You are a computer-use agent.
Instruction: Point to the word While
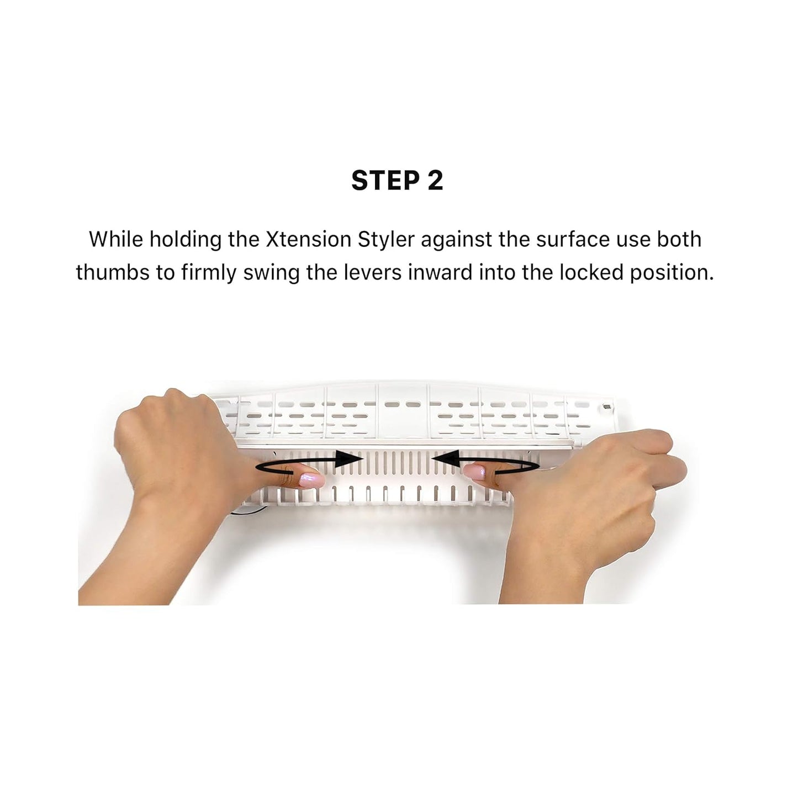tap(116, 240)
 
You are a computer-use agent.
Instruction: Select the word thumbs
tap(112, 273)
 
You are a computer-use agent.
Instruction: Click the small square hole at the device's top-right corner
tap(606, 408)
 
